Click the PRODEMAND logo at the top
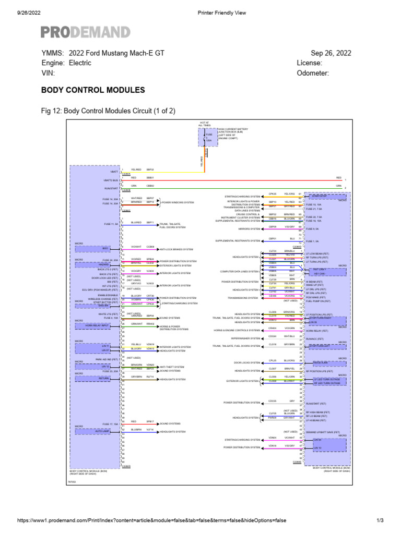86,32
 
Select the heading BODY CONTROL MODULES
93,90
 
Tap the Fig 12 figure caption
108,111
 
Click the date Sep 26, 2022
331,53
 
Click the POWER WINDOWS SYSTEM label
178,202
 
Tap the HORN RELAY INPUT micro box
98,325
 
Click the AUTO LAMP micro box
98,431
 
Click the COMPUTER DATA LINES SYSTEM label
240,271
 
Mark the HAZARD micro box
98,264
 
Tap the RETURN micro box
98,379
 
